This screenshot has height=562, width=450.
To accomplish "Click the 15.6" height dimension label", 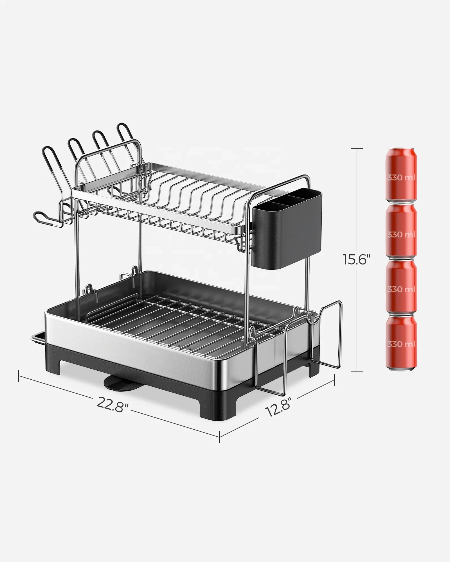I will [x=355, y=260].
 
